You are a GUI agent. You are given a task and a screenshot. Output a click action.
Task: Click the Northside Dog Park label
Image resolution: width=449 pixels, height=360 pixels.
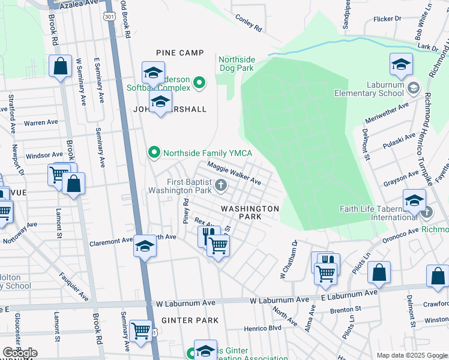tap(237, 64)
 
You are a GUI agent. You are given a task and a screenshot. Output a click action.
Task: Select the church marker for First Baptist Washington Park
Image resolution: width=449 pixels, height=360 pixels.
tap(221, 185)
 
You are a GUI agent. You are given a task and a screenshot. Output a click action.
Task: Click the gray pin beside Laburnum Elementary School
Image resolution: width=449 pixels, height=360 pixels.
tap(413, 89)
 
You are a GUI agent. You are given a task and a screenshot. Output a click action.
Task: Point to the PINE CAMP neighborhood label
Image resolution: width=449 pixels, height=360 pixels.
tap(180, 53)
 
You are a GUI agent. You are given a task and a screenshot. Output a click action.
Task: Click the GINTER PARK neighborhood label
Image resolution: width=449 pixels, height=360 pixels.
tap(190, 320)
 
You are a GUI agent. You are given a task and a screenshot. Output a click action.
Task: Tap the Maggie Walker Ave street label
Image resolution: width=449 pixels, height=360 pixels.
tap(234, 172)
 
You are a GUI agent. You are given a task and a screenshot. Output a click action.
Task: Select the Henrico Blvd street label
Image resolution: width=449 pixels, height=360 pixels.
tap(262, 329)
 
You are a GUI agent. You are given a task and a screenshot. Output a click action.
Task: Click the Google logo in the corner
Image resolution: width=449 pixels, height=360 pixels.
tap(20, 353)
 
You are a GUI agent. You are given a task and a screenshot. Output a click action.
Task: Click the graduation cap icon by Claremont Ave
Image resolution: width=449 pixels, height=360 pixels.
tap(144, 246)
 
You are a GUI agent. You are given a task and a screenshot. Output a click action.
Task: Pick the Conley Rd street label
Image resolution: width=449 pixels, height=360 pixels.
tap(249, 23)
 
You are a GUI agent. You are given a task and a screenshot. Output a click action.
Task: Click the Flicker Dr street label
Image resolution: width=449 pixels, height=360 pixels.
tap(387, 19)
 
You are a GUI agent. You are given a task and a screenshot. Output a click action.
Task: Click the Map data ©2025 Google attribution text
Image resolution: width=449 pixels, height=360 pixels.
tap(412, 355)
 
